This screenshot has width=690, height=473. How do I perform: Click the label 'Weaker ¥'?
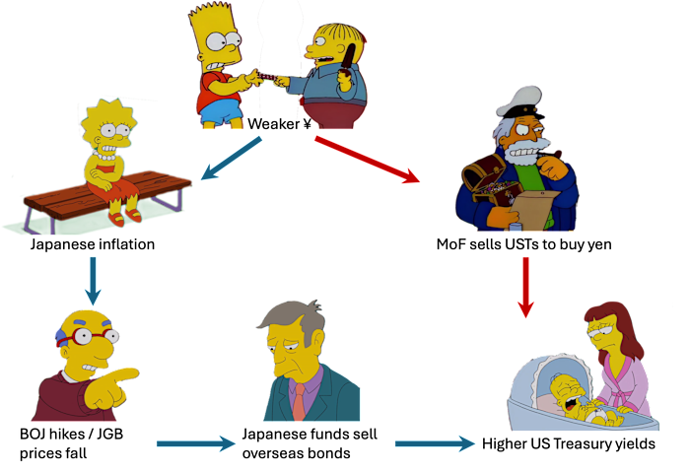(279, 123)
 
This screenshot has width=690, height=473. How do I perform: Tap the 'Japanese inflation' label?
(93, 244)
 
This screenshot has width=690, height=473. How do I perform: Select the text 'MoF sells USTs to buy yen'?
(523, 244)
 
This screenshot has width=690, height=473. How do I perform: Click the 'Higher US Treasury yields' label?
(569, 443)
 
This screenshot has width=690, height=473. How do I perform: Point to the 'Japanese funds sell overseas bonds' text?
(310, 443)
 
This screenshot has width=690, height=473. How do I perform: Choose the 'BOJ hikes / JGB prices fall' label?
(71, 443)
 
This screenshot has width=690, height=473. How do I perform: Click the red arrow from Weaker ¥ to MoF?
(367, 160)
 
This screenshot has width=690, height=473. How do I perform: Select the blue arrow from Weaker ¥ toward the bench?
(232, 158)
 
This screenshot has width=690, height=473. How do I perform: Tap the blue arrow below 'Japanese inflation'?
(93, 281)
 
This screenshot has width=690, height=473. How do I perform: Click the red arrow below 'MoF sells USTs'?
(525, 288)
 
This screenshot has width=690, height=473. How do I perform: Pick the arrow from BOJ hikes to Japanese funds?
(196, 443)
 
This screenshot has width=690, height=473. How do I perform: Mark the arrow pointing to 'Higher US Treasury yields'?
(435, 443)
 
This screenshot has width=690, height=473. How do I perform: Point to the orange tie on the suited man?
(299, 401)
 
